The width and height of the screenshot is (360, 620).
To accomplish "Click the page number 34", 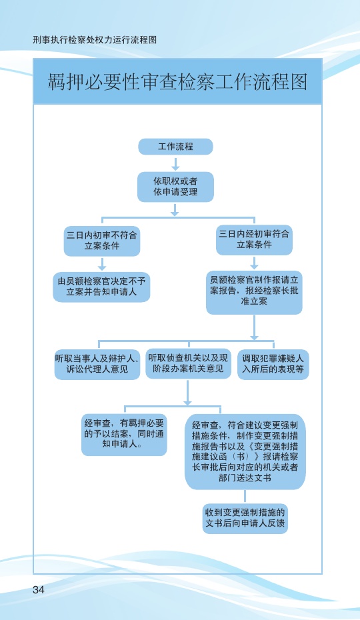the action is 39,589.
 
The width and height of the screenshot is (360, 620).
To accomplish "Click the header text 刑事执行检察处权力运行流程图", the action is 95,39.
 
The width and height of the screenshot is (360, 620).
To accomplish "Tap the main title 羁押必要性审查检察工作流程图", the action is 177,82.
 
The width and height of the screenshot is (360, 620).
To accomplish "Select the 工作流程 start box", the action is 175,147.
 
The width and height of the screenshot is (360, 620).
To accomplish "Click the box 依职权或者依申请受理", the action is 175,187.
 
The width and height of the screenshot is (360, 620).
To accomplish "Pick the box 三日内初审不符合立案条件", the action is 102,241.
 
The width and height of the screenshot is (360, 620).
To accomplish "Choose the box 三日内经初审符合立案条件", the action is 254,239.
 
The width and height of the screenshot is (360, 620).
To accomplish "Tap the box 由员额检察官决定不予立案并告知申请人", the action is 102,287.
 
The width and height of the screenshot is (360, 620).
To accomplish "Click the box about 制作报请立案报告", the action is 254,292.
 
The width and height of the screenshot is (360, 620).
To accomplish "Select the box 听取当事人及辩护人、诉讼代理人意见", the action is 97,364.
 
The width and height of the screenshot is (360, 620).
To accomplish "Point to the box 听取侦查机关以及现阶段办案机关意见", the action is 188,363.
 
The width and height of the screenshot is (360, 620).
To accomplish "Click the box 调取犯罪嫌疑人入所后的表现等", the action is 273,364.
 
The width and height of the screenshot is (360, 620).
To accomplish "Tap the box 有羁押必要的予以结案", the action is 124,434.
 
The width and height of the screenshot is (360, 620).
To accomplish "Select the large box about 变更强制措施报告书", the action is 245,451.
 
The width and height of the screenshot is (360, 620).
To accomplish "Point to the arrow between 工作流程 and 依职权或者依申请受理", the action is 175,163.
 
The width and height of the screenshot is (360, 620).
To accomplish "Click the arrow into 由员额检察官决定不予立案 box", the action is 102,264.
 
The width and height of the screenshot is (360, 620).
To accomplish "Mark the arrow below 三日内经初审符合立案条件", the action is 254,263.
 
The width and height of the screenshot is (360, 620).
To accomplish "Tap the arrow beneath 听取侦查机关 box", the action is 187,392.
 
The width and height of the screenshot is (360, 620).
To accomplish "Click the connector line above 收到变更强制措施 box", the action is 245,496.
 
